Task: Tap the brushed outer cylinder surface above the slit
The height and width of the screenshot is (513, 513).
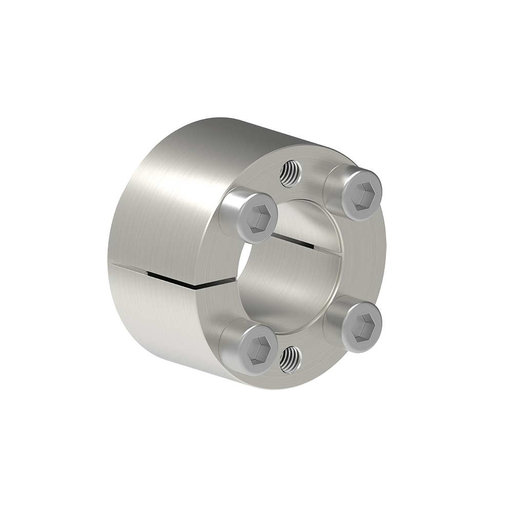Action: (164, 205)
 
